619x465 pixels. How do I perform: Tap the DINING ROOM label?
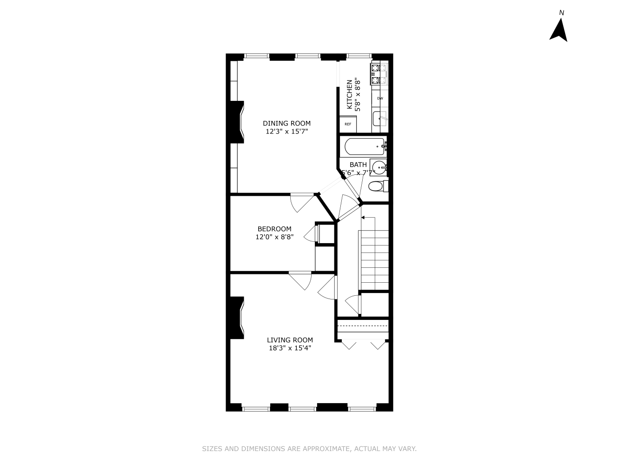click(287, 123)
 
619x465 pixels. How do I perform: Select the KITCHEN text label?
click(350, 94)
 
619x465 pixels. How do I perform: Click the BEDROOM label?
click(274, 229)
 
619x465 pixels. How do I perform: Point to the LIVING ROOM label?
click(290, 340)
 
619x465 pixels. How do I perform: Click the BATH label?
click(358, 165)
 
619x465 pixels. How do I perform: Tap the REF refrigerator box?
click(348, 124)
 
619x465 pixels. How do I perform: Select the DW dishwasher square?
click(380, 98)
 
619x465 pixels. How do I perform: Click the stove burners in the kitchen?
click(379, 74)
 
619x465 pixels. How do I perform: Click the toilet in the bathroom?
click(376, 186)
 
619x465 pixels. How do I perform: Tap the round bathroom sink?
click(379, 167)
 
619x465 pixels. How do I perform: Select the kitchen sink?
click(380, 119)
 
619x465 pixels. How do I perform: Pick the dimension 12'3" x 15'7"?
click(287, 132)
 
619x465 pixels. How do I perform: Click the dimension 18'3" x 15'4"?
click(290, 348)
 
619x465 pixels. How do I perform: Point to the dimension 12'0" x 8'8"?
click(274, 237)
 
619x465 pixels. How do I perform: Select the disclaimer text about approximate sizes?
click(309, 449)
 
